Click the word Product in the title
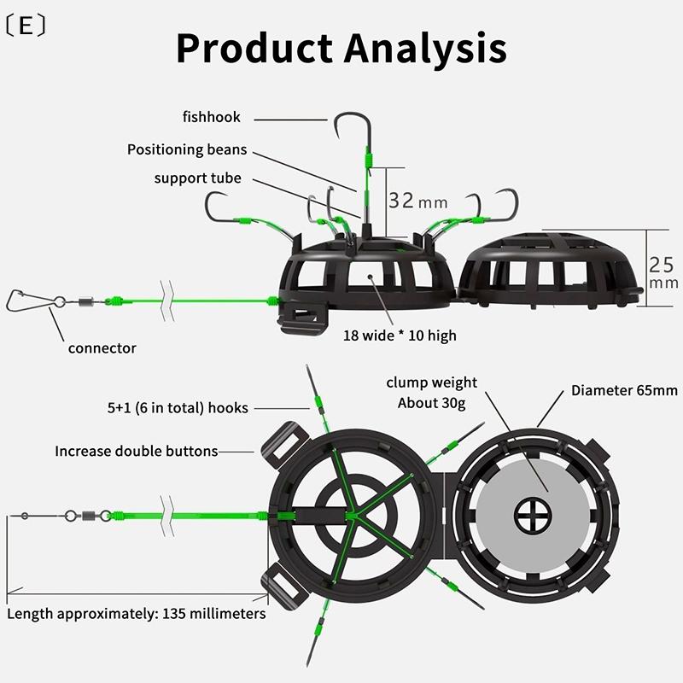(254, 48)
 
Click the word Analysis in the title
(425, 48)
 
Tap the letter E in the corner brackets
(26, 26)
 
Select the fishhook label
(211, 117)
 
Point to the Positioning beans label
(187, 149)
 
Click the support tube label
(198, 178)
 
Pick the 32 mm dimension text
(417, 201)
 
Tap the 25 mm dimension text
(663, 272)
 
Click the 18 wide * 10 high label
(400, 336)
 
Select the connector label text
(102, 348)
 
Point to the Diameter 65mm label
(624, 390)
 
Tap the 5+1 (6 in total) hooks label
(178, 408)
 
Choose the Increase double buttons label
(137, 452)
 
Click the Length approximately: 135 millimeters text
(137, 614)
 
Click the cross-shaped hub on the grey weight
(533, 517)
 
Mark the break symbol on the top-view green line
(167, 517)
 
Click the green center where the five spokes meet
(352, 517)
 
